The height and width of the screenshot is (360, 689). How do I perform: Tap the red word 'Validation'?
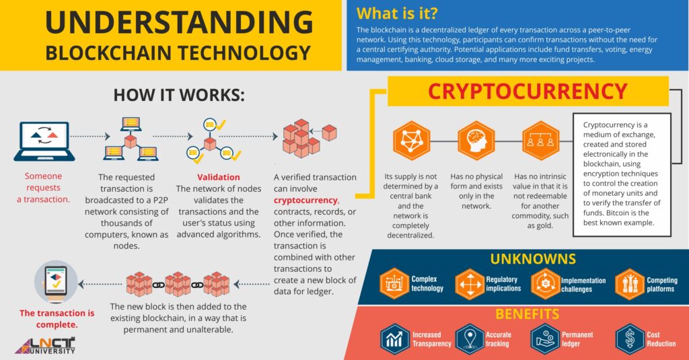pyautogui.click(x=218, y=178)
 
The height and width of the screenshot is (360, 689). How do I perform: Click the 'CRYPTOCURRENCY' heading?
pyautogui.click(x=528, y=91)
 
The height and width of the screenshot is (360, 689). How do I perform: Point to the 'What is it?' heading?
pyautogui.click(x=396, y=13)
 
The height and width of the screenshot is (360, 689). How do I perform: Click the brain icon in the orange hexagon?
pyautogui.click(x=476, y=141)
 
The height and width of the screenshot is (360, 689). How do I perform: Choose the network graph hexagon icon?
pyautogui.click(x=412, y=141)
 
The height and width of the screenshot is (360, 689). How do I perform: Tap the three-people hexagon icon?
pyautogui.click(x=540, y=141)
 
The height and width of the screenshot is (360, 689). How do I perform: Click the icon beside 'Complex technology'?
pyautogui.click(x=394, y=283)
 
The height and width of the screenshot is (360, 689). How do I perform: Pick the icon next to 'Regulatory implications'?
pyautogui.click(x=469, y=283)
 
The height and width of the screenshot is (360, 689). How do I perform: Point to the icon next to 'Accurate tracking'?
pyautogui.click(x=470, y=338)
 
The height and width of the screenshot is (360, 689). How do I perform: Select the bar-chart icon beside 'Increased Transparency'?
pyautogui.click(x=394, y=338)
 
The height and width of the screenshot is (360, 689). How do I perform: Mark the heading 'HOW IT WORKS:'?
pyautogui.click(x=178, y=95)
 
